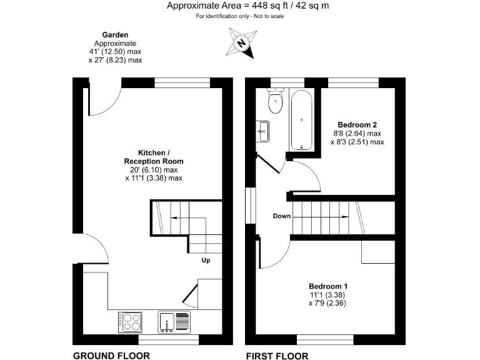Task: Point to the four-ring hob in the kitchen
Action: click(x=131, y=321)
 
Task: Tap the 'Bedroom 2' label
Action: click(x=357, y=124)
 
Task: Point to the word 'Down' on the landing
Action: click(x=281, y=216)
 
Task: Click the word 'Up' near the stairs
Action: click(x=206, y=260)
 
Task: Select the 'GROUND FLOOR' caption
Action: click(x=111, y=356)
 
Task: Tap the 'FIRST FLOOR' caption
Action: click(x=277, y=356)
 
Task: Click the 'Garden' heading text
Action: click(x=115, y=35)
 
